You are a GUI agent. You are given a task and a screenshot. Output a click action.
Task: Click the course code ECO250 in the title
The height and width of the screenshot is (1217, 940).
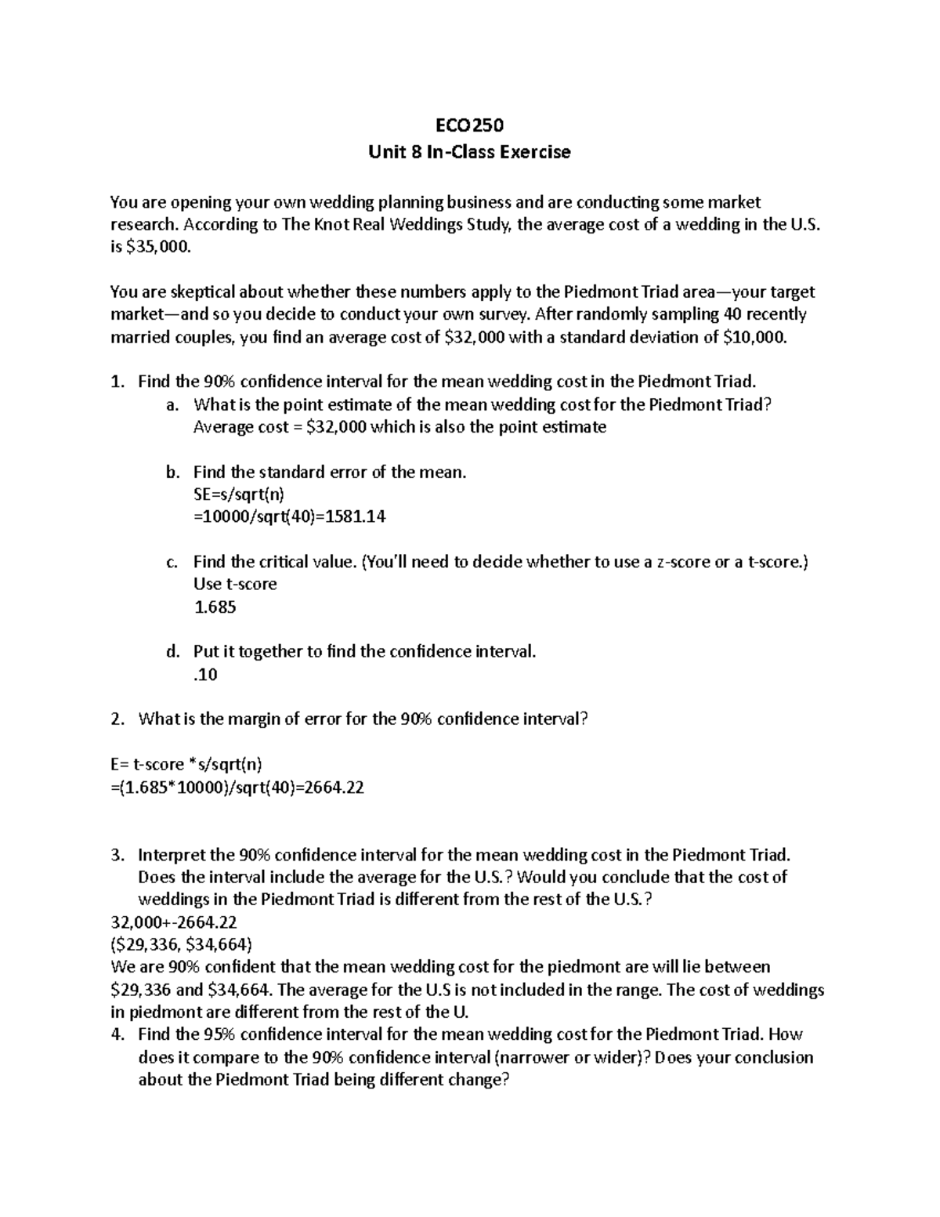(x=469, y=125)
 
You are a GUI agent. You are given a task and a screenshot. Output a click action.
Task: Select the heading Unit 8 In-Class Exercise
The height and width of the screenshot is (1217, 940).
(x=469, y=152)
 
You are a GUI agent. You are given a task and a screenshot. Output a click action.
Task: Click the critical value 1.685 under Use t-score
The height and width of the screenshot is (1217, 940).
(x=215, y=607)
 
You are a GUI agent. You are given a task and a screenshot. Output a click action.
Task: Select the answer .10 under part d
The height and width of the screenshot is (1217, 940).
(x=204, y=675)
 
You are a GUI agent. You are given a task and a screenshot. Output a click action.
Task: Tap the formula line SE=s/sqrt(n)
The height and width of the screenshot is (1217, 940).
(x=239, y=494)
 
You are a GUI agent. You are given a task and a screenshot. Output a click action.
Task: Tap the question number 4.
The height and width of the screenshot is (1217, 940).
(x=117, y=1034)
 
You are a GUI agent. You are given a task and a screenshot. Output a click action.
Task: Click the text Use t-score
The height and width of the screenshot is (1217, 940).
(x=234, y=585)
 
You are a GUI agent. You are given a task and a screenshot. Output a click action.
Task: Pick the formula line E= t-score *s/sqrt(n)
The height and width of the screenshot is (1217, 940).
(x=192, y=765)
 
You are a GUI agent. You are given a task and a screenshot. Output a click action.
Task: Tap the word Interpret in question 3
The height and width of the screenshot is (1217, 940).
(x=174, y=855)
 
